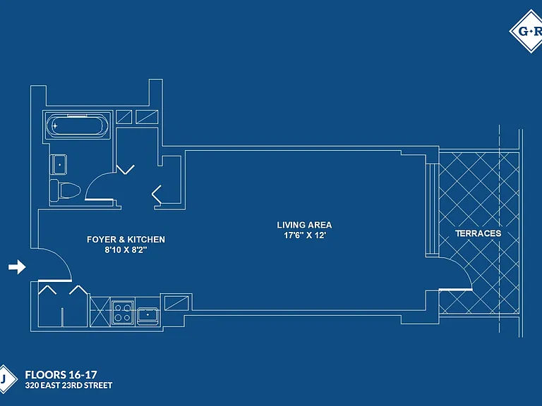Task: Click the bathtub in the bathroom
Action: [77, 125]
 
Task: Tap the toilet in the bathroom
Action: [65, 190]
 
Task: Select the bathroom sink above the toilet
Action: [59, 165]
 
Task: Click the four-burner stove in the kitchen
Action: [123, 312]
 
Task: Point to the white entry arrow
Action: [17, 267]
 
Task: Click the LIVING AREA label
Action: [304, 225]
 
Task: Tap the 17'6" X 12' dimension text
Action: [305, 235]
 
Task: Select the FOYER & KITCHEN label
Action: [126, 240]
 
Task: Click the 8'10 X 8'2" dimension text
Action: [126, 250]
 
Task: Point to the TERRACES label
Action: [478, 233]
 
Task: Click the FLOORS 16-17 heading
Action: [61, 374]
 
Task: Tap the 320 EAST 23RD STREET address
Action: [68, 386]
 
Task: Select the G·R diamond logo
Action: [526, 32]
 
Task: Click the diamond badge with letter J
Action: [6, 379]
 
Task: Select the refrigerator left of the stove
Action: [100, 312]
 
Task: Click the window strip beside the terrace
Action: [432, 209]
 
